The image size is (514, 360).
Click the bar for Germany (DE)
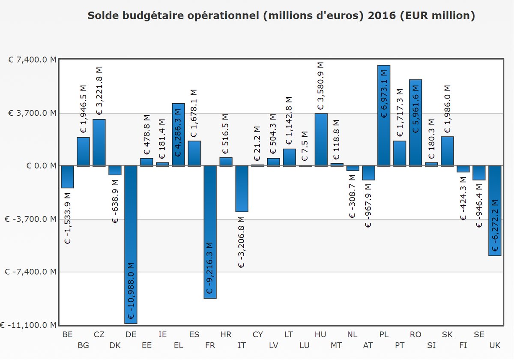tap(131, 244)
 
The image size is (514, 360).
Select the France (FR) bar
tap(210, 231)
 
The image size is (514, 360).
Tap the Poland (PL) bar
tap(384, 115)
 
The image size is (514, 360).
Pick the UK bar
tap(495, 210)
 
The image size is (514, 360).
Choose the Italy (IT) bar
tap(242, 189)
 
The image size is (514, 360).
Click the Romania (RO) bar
tap(415, 123)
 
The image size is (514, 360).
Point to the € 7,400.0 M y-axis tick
tap(33, 60)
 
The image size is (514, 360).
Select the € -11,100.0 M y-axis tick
tap(28, 325)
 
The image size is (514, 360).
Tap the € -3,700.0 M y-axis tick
tap(33, 219)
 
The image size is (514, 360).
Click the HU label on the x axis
tap(320, 335)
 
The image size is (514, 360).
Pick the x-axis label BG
tap(84, 345)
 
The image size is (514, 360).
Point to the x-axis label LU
tap(305, 345)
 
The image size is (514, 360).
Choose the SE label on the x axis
tap(479, 335)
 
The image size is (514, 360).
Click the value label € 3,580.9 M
tap(320, 86)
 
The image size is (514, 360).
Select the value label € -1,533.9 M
tap(68, 216)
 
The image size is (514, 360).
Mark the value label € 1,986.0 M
tap(447, 109)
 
